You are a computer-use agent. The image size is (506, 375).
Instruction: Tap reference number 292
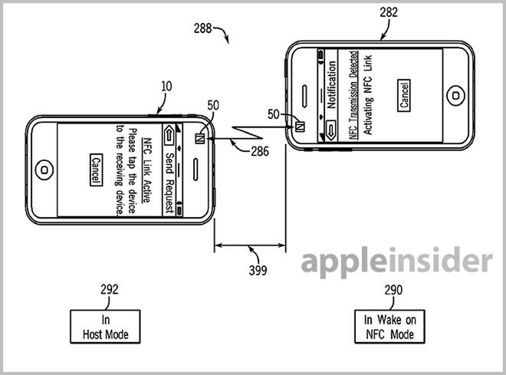click(110, 290)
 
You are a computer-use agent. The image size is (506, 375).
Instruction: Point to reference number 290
click(389, 290)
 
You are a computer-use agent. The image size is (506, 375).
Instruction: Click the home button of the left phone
click(44, 167)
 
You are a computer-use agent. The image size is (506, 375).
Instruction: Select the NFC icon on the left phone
click(199, 138)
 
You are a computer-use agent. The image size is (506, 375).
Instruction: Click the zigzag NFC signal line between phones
click(245, 132)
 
